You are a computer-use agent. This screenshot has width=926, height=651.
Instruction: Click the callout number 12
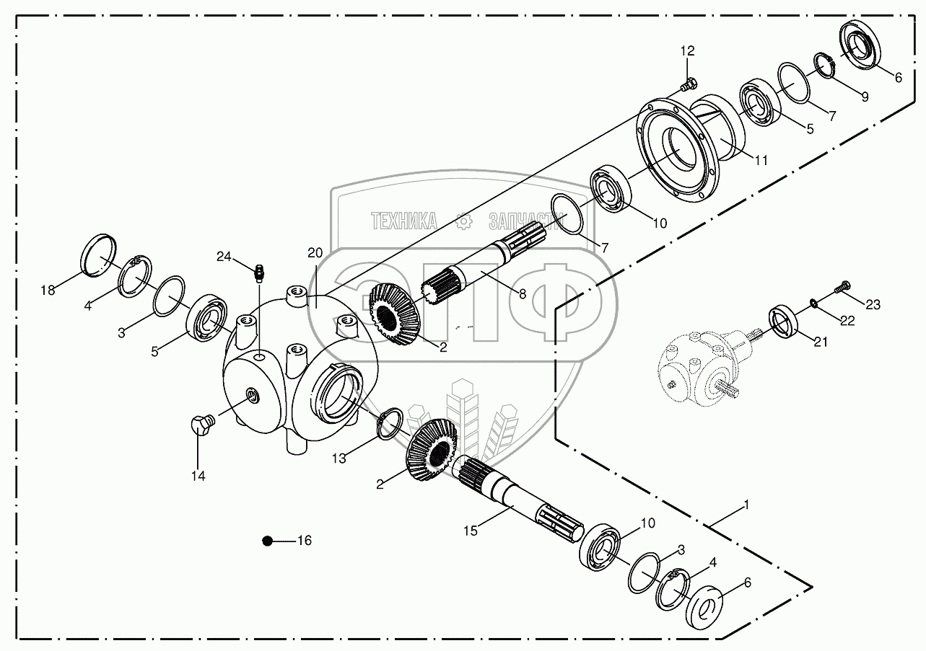tap(686, 50)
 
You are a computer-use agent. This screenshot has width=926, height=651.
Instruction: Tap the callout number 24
tap(224, 257)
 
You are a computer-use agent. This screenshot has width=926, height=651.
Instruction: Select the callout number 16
tap(305, 541)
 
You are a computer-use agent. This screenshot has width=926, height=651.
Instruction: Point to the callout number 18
tap(48, 291)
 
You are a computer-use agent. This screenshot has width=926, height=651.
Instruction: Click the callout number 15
tap(471, 531)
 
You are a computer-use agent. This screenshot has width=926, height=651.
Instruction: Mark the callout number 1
tap(746, 505)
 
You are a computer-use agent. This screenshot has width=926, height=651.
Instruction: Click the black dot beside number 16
tap(267, 541)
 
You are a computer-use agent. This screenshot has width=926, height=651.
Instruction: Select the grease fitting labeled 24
tap(258, 272)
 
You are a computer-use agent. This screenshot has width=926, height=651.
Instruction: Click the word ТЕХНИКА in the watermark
tap(403, 221)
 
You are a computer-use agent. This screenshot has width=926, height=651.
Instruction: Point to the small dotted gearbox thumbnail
tap(700, 364)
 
